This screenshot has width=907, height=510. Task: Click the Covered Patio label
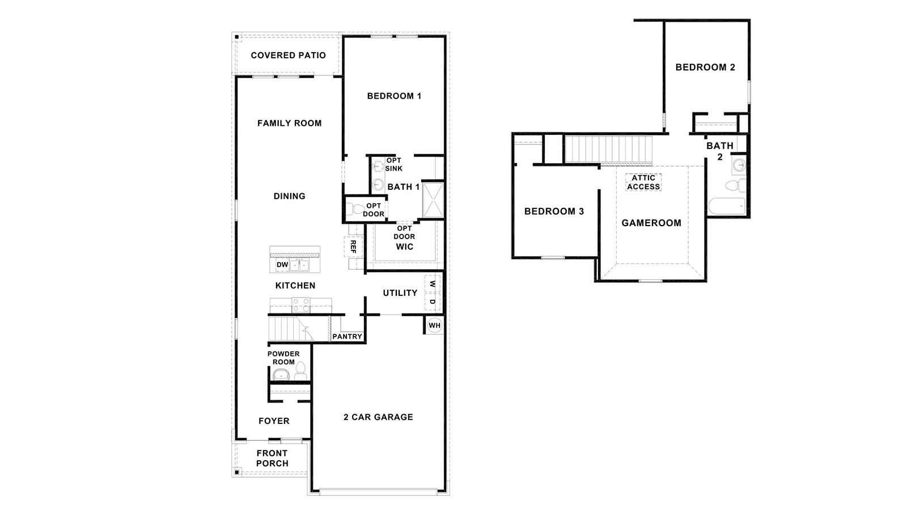pyautogui.click(x=288, y=56)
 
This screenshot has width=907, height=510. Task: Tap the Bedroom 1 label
pyautogui.click(x=394, y=96)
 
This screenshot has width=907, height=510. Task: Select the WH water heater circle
pyautogui.click(x=434, y=326)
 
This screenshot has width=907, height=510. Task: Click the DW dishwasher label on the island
pyautogui.click(x=282, y=265)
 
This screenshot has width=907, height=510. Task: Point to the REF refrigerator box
pyautogui.click(x=353, y=246)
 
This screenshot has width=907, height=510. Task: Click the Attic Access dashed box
pyautogui.click(x=643, y=182)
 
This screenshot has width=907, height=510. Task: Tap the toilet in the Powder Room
pyautogui.click(x=300, y=372)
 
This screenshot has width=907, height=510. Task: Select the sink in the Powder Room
pyautogui.click(x=281, y=375)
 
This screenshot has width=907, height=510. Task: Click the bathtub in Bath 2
pyautogui.click(x=727, y=206)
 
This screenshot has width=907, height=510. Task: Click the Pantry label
pyautogui.click(x=347, y=337)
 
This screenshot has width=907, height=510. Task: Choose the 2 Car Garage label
pyautogui.click(x=378, y=417)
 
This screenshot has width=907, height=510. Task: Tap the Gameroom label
pyautogui.click(x=651, y=223)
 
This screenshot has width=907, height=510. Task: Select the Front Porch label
pyautogui.click(x=272, y=458)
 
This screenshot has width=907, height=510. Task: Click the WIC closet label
pyautogui.click(x=405, y=247)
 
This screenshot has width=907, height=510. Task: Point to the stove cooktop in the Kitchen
pyautogui.click(x=301, y=305)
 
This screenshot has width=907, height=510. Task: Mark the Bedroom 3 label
pyautogui.click(x=554, y=211)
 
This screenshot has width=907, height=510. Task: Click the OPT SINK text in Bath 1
pyautogui.click(x=393, y=164)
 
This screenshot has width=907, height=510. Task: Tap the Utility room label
pyautogui.click(x=400, y=293)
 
